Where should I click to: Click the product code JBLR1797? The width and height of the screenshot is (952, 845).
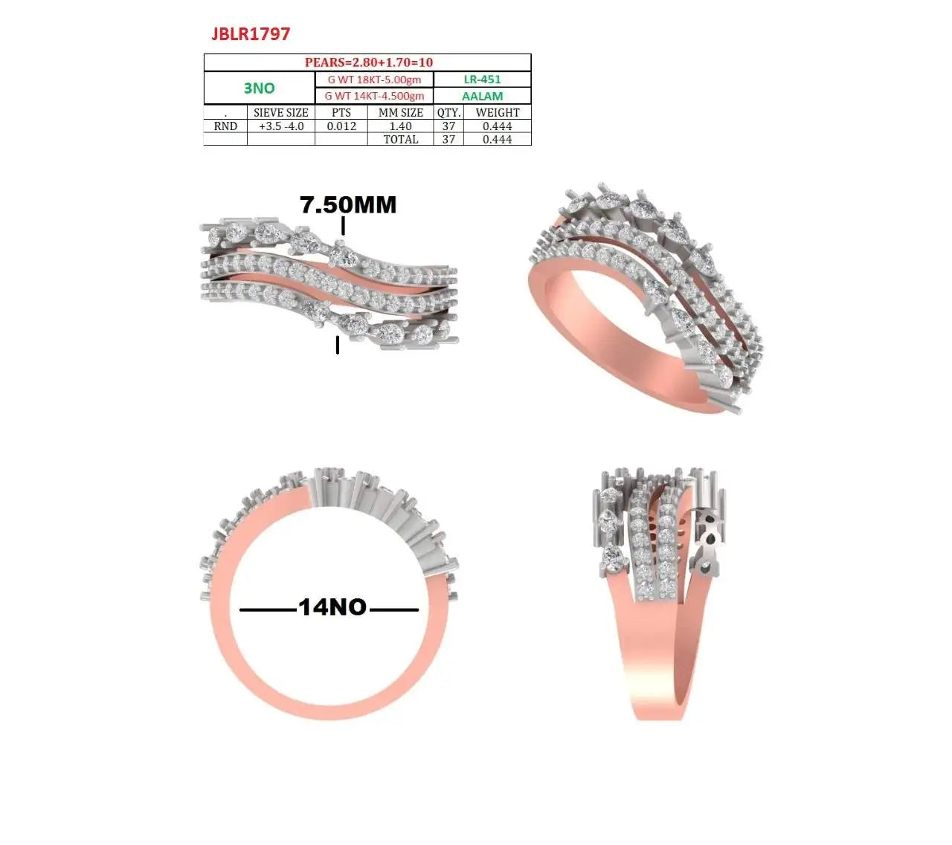251,34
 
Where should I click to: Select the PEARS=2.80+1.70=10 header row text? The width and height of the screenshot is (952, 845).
368,62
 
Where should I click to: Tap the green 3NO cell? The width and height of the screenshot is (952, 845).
259,88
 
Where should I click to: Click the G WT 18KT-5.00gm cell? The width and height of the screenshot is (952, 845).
374,80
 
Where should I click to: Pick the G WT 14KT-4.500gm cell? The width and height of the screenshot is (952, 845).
374,96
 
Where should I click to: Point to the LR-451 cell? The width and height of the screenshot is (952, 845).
482,80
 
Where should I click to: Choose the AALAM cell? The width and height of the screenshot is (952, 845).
482,97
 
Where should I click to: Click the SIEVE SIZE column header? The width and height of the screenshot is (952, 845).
281,113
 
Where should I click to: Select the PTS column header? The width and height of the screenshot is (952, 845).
341,113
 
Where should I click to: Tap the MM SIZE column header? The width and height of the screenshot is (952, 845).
401,113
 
